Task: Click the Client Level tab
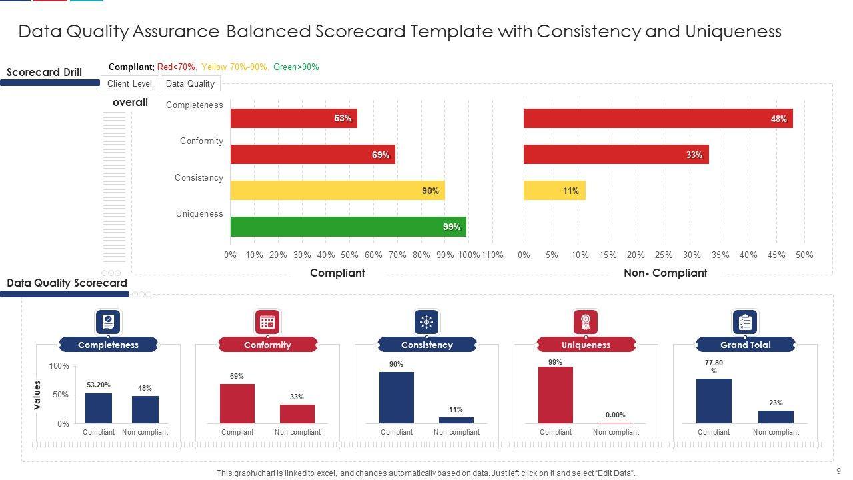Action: pyautogui.click(x=129, y=83)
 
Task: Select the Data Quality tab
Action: pyautogui.click(x=190, y=83)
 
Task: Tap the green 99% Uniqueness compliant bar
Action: pyautogui.click(x=348, y=227)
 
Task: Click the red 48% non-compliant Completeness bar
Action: pyautogui.click(x=658, y=119)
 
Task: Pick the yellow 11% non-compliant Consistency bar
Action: pyautogui.click(x=554, y=191)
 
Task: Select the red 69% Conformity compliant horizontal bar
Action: pyautogui.click(x=313, y=155)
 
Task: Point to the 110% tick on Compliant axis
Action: pyautogui.click(x=492, y=255)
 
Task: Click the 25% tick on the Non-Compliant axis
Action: pyautogui.click(x=664, y=255)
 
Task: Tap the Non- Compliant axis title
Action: pyautogui.click(x=665, y=273)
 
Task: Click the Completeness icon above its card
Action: pyautogui.click(x=108, y=322)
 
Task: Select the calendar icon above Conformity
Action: pyautogui.click(x=267, y=322)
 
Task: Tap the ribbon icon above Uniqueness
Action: pyautogui.click(x=586, y=322)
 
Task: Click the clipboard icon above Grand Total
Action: pyautogui.click(x=745, y=322)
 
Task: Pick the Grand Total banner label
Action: pyautogui.click(x=745, y=345)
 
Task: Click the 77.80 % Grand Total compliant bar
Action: pyautogui.click(x=714, y=401)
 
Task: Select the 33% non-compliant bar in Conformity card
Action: pyautogui.click(x=297, y=413)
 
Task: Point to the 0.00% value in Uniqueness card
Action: pyautogui.click(x=616, y=415)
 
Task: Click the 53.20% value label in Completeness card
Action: pyautogui.click(x=99, y=385)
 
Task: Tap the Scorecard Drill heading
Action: pyautogui.click(x=44, y=72)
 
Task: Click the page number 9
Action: pyautogui.click(x=838, y=471)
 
